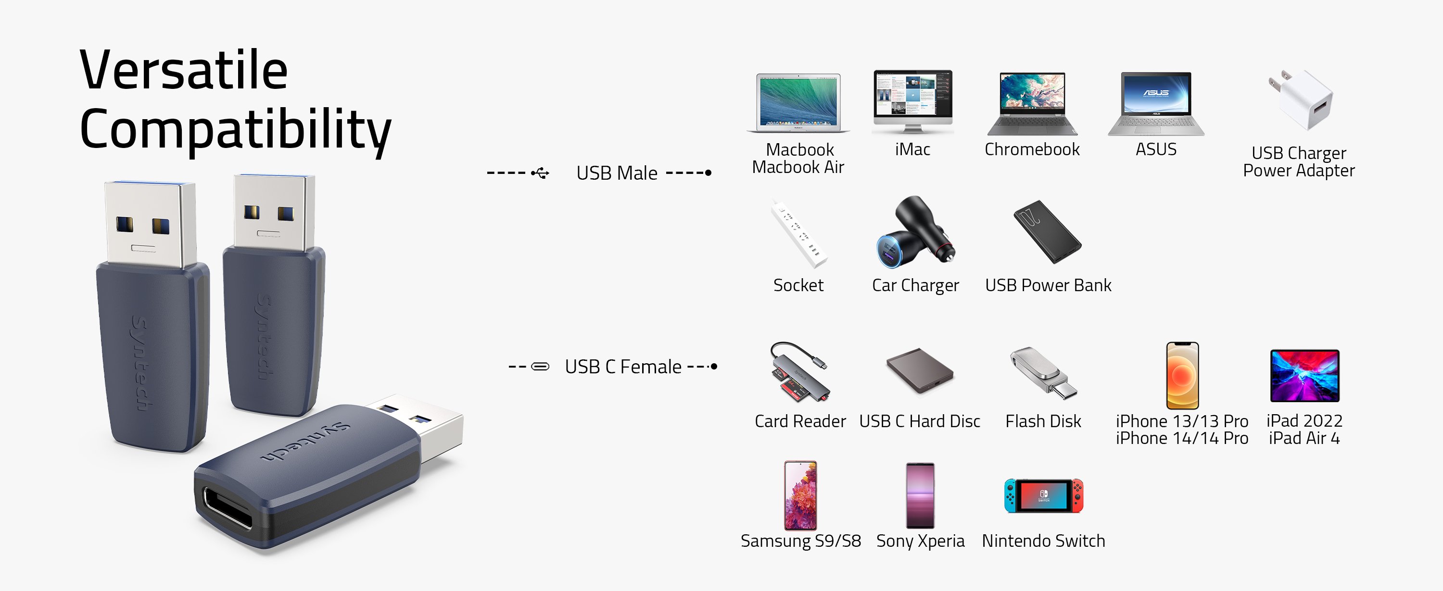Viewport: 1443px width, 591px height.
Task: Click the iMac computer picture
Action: pyautogui.click(x=912, y=101)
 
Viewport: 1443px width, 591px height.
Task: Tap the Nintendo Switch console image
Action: pyautogui.click(x=1043, y=495)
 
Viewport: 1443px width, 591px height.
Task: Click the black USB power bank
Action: pyautogui.click(x=1048, y=232)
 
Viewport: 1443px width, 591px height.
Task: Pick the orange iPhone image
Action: pyautogui.click(x=1182, y=376)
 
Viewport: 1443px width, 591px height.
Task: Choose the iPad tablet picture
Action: pyautogui.click(x=1304, y=376)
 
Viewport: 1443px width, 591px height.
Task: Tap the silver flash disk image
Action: pyautogui.click(x=1043, y=373)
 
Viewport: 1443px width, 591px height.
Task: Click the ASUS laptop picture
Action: pyautogui.click(x=1156, y=103)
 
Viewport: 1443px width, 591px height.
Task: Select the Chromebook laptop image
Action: pyautogui.click(x=1032, y=103)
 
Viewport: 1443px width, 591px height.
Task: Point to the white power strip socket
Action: pyautogui.click(x=799, y=234)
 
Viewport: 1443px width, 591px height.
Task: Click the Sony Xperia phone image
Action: pyautogui.click(x=920, y=495)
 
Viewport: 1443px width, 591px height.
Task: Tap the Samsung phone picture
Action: pyautogui.click(x=800, y=495)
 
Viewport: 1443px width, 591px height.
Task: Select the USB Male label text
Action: pyautogui.click(x=617, y=173)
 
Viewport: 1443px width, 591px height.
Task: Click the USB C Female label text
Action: pyautogui.click(x=623, y=367)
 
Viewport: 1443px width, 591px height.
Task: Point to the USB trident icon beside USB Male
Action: pyautogui.click(x=541, y=173)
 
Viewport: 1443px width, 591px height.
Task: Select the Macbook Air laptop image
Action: pyautogui.click(x=797, y=102)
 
